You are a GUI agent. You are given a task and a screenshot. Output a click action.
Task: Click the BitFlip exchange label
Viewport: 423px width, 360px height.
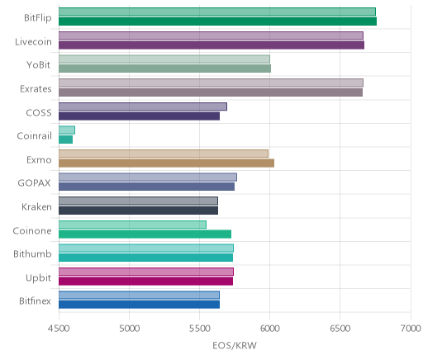point(38,18)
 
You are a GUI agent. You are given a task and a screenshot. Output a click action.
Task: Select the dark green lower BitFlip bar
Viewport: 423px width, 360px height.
point(217,21)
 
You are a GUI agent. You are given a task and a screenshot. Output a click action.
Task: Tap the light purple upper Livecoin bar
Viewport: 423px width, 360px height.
point(211,36)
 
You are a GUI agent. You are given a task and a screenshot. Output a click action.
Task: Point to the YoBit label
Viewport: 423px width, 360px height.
point(39,65)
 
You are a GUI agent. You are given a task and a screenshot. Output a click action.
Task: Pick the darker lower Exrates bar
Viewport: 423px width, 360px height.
point(211,92)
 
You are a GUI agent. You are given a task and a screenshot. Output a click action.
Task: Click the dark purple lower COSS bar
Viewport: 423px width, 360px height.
point(139,116)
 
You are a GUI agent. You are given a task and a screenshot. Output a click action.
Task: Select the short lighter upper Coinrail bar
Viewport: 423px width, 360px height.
point(67,130)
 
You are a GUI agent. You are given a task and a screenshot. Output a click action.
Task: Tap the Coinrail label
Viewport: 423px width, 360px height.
point(34,136)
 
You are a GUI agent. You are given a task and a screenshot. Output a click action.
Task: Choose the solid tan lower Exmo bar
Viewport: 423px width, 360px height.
point(166,163)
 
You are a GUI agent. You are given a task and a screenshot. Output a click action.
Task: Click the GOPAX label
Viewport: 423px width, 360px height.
point(34,183)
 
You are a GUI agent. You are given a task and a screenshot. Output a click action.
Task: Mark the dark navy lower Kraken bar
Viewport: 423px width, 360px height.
point(138,211)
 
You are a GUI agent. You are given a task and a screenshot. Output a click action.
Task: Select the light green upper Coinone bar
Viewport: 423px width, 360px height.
point(132,225)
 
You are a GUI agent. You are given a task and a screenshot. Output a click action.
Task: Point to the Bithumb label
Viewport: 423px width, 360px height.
point(32,253)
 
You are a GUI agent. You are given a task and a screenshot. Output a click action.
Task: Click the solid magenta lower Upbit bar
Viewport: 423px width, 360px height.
point(145,281)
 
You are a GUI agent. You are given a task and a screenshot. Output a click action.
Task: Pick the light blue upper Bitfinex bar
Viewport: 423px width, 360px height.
point(139,295)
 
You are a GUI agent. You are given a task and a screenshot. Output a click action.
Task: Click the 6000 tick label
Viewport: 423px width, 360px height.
point(269,329)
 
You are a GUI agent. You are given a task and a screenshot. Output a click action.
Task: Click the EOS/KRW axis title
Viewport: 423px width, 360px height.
point(235,345)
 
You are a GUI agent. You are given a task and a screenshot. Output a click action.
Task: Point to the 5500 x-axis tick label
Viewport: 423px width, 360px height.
point(199,329)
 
